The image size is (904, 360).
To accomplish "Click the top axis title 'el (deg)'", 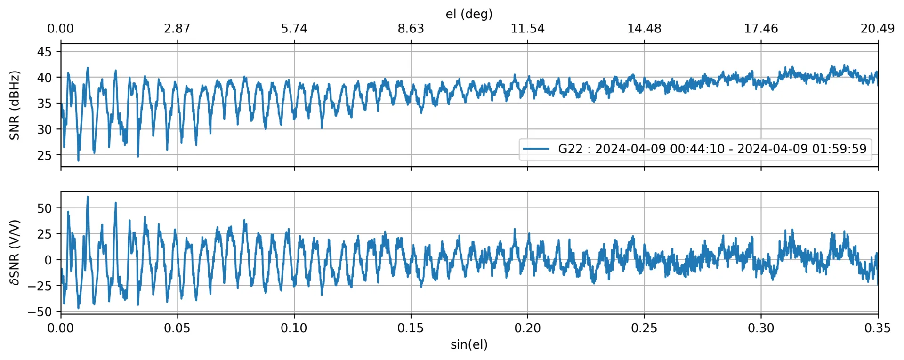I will [x=469, y=14].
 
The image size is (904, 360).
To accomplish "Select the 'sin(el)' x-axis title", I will [x=469, y=344].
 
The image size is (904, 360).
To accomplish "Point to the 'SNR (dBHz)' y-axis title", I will [x=15, y=105].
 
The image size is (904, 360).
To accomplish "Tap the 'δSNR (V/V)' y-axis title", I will [x=15, y=252].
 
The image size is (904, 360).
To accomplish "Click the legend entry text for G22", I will [x=712, y=149].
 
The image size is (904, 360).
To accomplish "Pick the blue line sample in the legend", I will [x=536, y=149].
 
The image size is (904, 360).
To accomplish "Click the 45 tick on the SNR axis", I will [x=44, y=52].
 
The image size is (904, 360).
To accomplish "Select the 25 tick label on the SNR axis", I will [x=44, y=155].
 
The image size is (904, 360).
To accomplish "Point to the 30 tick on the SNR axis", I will [x=44, y=129].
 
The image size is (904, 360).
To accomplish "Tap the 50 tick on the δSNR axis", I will [x=44, y=208].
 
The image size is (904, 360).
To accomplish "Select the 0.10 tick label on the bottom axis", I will [x=294, y=328].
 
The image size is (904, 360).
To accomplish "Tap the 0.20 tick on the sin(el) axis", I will [x=527, y=328].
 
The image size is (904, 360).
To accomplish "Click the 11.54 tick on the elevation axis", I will [x=527, y=29].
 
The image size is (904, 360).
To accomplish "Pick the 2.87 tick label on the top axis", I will [x=178, y=29].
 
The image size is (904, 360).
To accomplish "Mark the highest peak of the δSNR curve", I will [x=88, y=197].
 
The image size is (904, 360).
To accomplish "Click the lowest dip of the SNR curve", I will [x=78, y=160].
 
